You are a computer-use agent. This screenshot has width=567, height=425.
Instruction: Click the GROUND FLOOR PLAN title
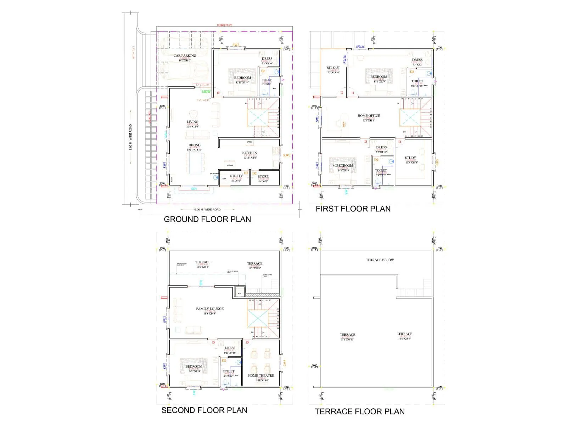207,219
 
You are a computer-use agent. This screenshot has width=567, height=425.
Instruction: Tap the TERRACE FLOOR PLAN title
360,412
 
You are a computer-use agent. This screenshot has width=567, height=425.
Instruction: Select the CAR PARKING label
185,56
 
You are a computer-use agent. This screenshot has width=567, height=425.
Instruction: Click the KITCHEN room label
249,153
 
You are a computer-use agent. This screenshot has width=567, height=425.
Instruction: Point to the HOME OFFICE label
369,116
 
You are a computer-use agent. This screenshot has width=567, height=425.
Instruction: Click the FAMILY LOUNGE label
210,309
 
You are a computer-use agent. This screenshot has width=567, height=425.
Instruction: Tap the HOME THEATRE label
261,375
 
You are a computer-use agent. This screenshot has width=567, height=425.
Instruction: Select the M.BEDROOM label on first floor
343,166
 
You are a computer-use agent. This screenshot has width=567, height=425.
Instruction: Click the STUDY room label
410,158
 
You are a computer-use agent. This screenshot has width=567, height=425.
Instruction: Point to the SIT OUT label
333,68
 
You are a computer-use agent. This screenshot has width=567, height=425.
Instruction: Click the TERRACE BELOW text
380,260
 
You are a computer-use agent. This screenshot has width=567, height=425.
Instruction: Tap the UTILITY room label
236,176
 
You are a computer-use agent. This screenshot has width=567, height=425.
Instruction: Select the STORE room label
263,176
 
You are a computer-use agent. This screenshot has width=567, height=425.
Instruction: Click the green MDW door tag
206,92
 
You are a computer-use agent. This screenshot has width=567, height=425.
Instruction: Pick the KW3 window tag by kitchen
286,155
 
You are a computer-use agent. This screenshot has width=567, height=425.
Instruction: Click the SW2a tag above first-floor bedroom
360,47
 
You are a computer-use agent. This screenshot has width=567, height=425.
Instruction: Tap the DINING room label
194,145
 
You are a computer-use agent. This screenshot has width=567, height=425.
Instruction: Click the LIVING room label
192,122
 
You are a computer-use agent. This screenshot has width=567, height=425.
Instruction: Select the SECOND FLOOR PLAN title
204,410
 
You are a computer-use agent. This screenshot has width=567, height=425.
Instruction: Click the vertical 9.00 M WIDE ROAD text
130,137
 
